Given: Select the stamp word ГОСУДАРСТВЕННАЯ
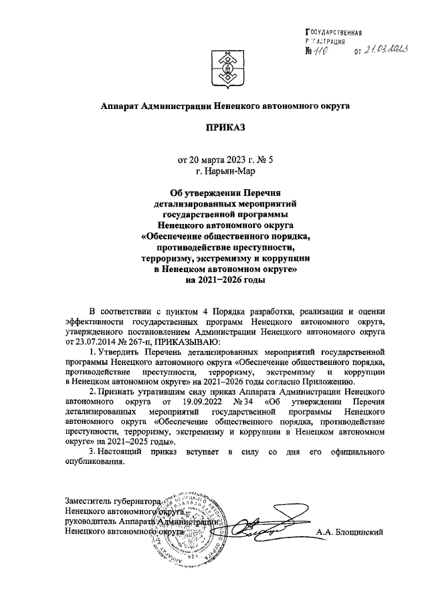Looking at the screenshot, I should tap(333, 31).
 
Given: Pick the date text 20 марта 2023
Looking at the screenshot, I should tap(213, 160).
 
